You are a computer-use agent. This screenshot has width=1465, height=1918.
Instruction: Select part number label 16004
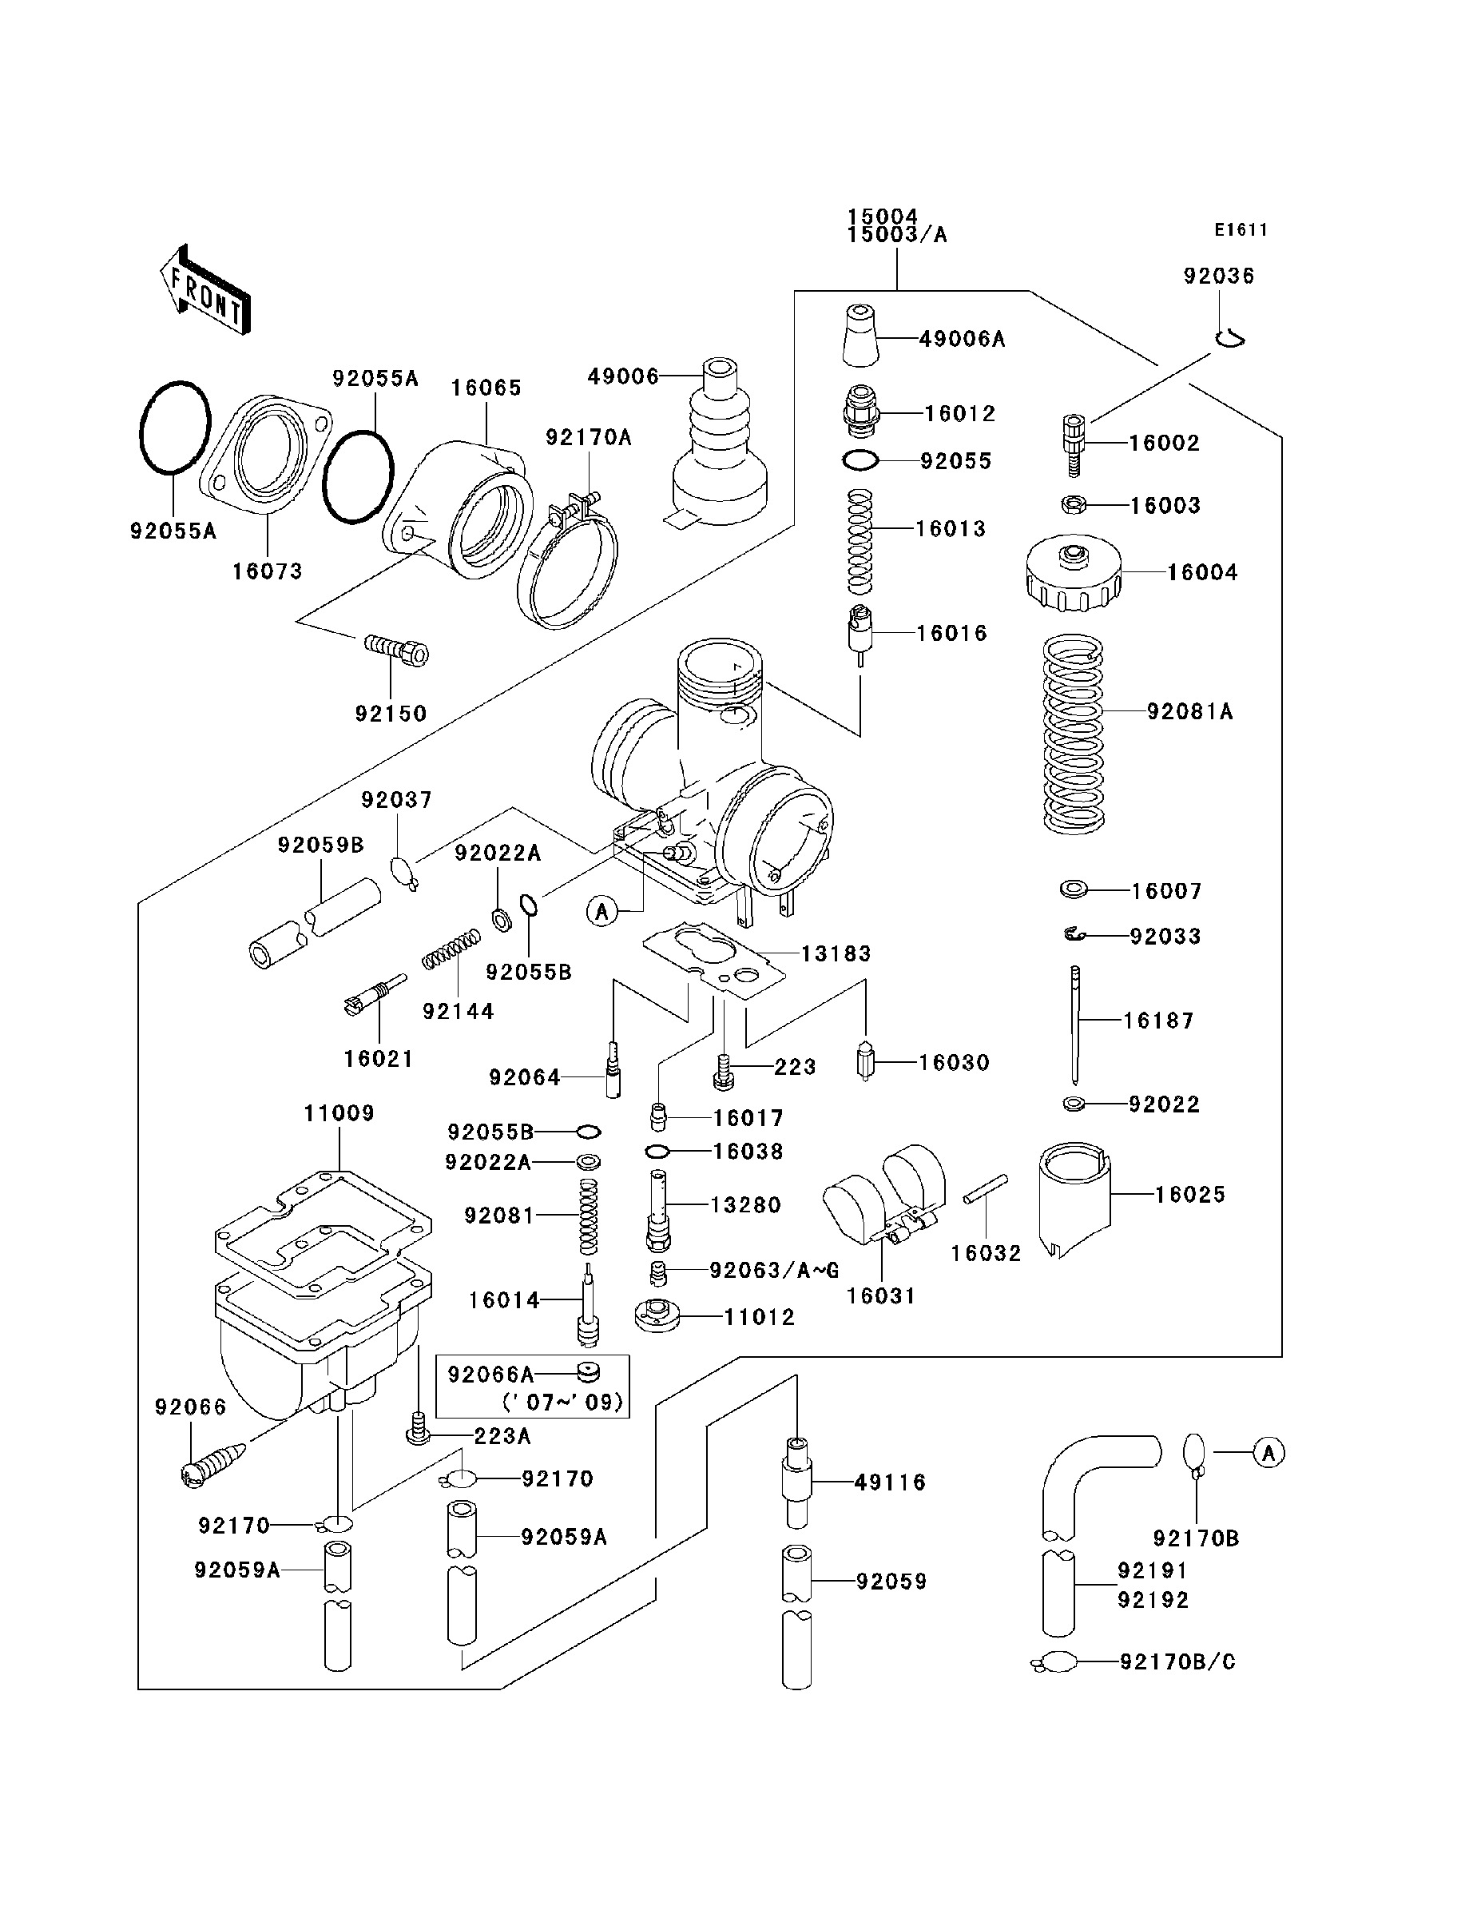(1201, 573)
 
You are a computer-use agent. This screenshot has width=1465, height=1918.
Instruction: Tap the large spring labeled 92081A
(1074, 734)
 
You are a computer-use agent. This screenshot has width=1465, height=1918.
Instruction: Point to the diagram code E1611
(1240, 230)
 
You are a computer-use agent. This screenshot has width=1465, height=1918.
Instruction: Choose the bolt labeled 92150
(397, 651)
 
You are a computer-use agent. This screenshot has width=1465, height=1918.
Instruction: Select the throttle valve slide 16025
(1074, 1200)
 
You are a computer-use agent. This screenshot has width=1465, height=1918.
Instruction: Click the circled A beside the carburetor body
(601, 912)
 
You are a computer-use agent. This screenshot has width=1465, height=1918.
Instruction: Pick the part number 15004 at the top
(883, 216)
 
